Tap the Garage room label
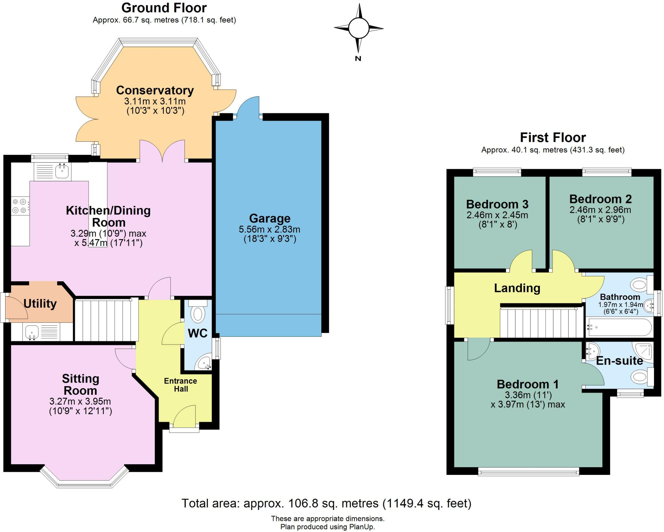[270, 218]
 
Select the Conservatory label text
[155, 90]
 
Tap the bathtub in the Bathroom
[619, 327]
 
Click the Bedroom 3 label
[497, 204]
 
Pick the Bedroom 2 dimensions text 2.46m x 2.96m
[600, 210]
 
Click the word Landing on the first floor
[517, 288]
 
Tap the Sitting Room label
[80, 384]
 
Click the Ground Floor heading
[164, 8]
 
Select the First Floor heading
[553, 138]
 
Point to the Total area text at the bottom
[326, 503]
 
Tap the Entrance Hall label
[181, 385]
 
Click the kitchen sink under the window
[62, 171]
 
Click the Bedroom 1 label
[528, 384]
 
